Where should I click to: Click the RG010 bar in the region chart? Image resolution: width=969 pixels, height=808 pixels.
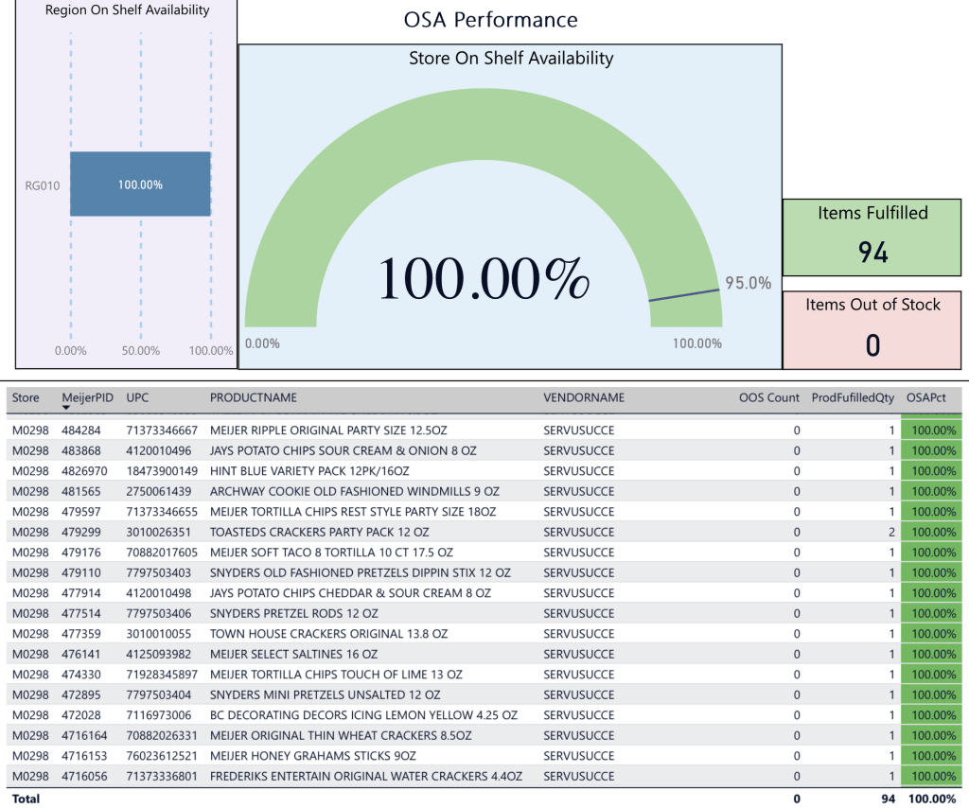coord(140,184)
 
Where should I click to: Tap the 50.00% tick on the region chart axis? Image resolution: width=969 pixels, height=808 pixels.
coord(140,351)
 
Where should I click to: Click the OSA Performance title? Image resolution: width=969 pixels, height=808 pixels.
coord(490,20)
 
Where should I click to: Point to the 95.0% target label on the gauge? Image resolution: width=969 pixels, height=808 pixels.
coord(748,283)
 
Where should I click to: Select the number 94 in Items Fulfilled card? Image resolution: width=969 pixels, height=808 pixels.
coord(872,252)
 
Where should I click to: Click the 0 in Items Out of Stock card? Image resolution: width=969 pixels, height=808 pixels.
coord(872,345)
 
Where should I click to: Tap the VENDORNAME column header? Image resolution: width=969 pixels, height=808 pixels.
coord(584,398)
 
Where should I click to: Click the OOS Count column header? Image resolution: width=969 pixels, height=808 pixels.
coord(769,398)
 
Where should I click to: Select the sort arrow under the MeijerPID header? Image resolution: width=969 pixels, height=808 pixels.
coord(66,408)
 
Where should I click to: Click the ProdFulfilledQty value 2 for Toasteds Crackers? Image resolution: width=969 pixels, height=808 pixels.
coord(891,532)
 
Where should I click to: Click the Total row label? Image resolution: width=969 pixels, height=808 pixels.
coord(26,799)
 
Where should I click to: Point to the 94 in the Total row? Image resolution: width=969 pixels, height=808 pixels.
coord(888,799)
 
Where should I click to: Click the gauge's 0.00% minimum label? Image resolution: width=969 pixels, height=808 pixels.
coord(262,343)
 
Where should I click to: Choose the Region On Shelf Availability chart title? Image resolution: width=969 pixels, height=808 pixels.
coord(128,11)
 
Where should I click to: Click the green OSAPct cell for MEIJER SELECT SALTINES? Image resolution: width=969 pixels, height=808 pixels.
coord(932,654)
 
